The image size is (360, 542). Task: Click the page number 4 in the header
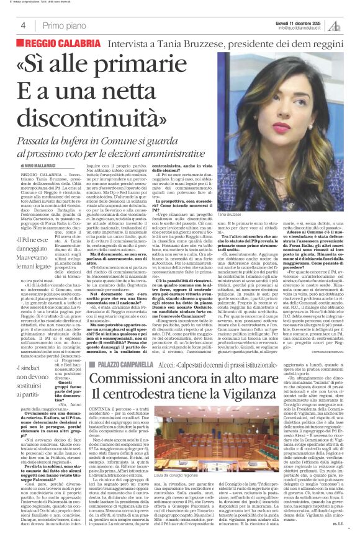pyautogui.click(x=22, y=25)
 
